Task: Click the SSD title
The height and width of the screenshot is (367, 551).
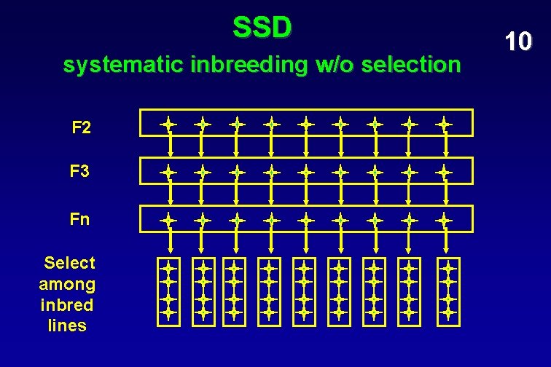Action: pos(262,28)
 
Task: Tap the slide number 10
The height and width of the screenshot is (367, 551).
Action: pos(517,42)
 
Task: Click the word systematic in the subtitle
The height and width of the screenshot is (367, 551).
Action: pos(124,66)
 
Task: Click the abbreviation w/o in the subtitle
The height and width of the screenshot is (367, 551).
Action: pos(336,66)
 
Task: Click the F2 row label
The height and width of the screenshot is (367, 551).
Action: pos(82,128)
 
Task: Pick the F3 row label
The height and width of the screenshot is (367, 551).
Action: pos(80,172)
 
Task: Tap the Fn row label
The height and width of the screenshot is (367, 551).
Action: pos(80,218)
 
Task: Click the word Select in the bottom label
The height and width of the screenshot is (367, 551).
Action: pos(70,262)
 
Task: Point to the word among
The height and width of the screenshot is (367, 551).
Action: pos(67,283)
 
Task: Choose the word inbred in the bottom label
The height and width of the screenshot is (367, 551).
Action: pos(67,304)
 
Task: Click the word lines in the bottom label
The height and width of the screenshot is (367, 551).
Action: pos(67,325)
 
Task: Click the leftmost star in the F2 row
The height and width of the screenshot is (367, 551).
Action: pos(169,124)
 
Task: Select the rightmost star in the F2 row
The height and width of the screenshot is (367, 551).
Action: pos(443,124)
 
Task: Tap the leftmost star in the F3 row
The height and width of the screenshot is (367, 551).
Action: pos(169,173)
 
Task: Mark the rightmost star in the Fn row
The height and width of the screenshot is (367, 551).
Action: pos(443,218)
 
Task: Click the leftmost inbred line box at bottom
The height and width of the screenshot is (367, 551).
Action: pos(169,290)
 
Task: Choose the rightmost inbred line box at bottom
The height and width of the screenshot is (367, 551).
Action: pos(449,290)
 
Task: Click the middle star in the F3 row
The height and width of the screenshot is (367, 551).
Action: pos(306,173)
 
